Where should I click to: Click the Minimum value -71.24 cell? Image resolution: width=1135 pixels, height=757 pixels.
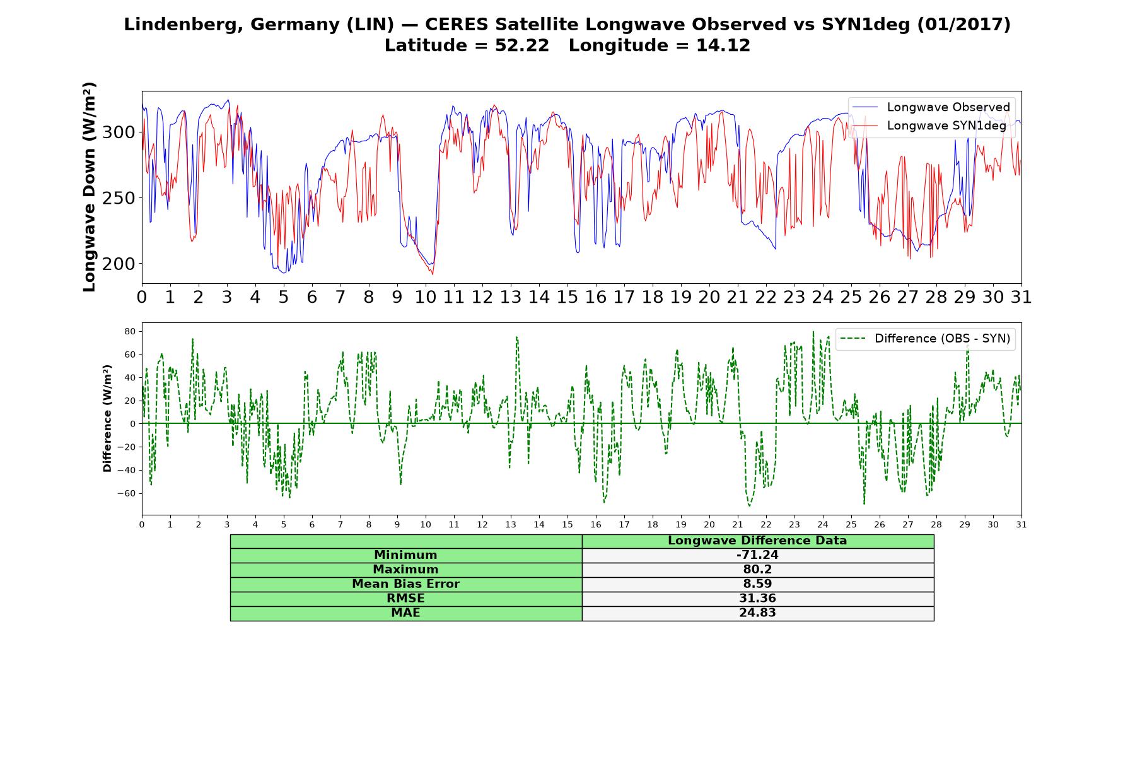tap(757, 555)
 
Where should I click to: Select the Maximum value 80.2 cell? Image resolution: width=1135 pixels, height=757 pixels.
tap(757, 570)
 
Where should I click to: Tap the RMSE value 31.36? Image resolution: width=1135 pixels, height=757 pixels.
tap(757, 599)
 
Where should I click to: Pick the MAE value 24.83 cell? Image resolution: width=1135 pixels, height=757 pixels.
tap(757, 613)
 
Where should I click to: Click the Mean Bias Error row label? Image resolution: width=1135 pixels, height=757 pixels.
tap(405, 584)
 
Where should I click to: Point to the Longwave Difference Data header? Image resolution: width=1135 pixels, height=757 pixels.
tap(757, 541)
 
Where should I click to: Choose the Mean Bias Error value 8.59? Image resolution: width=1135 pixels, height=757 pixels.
tap(757, 584)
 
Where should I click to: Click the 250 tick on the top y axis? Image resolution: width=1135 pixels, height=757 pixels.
tap(119, 198)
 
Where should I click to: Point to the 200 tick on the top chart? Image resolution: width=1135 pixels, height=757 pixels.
tap(119, 264)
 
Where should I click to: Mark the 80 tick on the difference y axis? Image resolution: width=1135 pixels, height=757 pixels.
tap(131, 331)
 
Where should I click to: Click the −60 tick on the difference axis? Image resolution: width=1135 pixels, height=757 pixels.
tap(127, 493)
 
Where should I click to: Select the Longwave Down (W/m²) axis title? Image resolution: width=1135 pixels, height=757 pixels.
tap(90, 187)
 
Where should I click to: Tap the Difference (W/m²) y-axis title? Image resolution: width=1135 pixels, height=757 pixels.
tap(107, 418)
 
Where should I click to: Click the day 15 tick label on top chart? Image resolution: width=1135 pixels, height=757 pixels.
tap(567, 297)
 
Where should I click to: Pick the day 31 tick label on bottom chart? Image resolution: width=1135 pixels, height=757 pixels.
tap(1021, 524)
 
